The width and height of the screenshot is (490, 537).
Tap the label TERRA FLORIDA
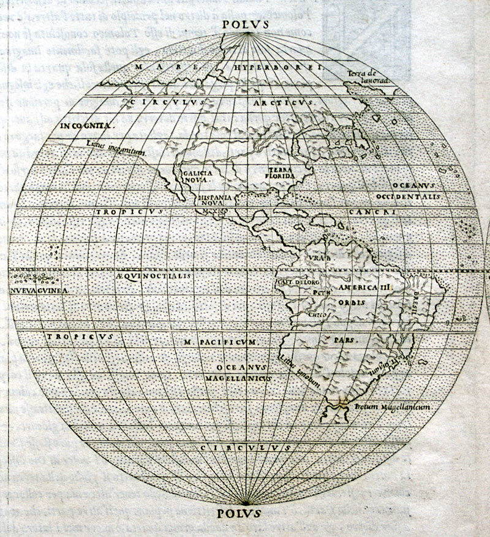(x=282, y=173)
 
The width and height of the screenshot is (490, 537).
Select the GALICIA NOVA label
(x=198, y=177)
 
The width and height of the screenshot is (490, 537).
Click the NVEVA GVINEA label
(x=38, y=291)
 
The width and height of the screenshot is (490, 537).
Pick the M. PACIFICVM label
(x=222, y=341)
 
